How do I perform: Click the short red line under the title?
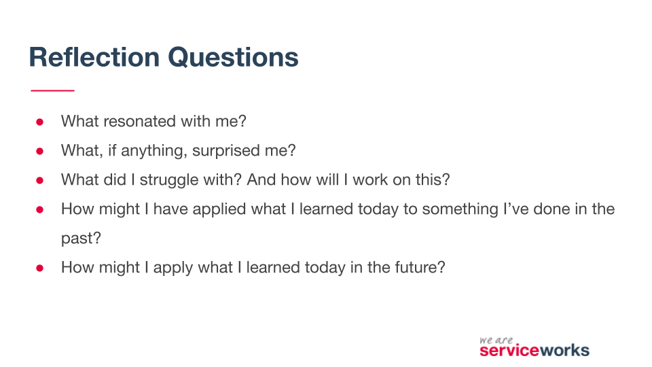coord(52,90)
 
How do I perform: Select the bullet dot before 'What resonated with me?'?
coord(39,122)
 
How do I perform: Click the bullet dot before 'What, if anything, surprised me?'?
coord(39,151)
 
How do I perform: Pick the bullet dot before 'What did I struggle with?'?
coord(39,180)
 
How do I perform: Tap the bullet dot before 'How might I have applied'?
coord(39,209)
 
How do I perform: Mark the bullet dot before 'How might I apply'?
coord(39,268)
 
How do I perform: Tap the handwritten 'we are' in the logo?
coord(496,339)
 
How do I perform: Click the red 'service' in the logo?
coord(509,351)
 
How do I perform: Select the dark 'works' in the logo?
coord(564,351)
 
